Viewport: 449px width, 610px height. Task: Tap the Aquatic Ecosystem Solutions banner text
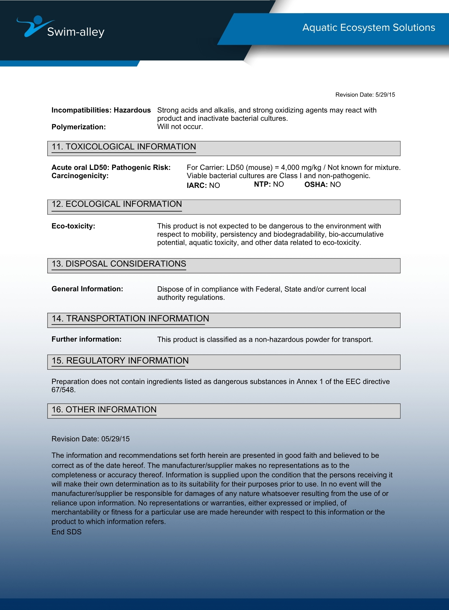[x=369, y=27]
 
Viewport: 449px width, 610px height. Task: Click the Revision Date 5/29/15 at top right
[x=365, y=95]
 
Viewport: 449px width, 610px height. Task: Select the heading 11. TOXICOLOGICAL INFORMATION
[x=124, y=147]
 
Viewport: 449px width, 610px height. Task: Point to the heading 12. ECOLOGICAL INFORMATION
[x=117, y=204]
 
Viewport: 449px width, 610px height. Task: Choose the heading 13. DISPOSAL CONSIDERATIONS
[x=119, y=264]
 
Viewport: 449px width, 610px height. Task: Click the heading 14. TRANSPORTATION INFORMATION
[x=130, y=318]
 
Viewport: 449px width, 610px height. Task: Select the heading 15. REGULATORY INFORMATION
[x=120, y=361]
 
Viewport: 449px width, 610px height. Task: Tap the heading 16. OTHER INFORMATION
[x=104, y=410]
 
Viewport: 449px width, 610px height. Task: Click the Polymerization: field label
[x=79, y=127]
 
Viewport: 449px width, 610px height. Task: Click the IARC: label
[x=197, y=185]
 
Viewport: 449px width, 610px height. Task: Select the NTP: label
[x=262, y=184]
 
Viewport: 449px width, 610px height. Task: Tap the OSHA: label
[x=316, y=185]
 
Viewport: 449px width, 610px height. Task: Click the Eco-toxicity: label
[x=73, y=226]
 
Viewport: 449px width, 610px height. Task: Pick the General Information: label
[x=87, y=289]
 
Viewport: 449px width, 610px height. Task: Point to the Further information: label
[x=86, y=339]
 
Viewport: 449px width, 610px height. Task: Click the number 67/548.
[x=63, y=390]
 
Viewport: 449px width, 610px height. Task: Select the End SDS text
[x=66, y=532]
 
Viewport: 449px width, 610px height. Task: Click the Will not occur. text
[x=180, y=127]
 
